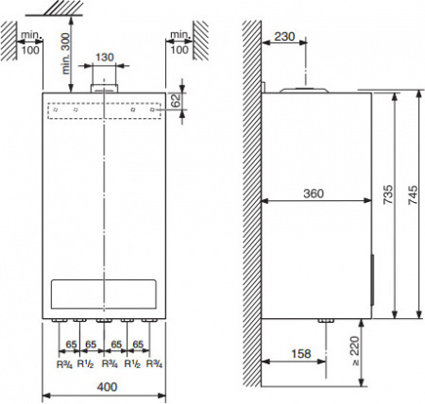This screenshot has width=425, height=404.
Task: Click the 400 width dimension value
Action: [107, 387]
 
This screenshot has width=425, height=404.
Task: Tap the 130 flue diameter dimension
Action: [104, 58]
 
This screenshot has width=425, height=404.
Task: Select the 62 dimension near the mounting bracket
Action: [177, 100]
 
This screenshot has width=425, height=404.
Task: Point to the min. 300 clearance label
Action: [66, 54]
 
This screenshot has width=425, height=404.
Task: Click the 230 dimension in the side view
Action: [284, 37]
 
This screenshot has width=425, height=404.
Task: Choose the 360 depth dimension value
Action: [314, 194]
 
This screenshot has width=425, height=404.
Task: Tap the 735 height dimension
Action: [388, 194]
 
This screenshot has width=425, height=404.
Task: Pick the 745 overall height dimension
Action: [413, 195]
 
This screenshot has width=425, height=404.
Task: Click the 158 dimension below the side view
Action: [301, 354]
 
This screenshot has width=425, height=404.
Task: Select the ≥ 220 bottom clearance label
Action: [355, 351]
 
